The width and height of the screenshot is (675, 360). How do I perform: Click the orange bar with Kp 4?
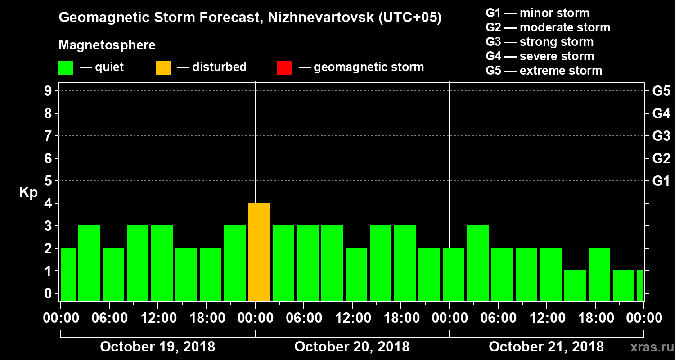[259, 252]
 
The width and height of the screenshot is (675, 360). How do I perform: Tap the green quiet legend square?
[66, 67]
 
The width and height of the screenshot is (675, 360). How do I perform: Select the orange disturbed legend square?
[163, 67]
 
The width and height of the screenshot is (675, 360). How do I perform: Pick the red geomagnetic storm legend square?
[284, 67]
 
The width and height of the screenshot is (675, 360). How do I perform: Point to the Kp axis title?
[28, 192]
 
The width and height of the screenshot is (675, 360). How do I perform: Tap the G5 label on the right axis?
[661, 91]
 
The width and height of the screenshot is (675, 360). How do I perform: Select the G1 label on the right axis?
[661, 181]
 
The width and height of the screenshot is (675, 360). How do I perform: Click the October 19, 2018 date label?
[157, 347]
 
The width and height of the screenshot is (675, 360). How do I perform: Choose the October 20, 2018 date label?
[352, 347]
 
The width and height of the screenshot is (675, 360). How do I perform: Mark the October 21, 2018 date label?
[546, 347]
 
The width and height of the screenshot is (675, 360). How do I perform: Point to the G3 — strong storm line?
[540, 42]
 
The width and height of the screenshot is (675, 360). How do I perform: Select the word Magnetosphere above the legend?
[107, 45]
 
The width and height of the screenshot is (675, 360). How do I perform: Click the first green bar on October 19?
[68, 274]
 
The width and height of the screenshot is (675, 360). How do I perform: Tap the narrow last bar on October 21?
[640, 285]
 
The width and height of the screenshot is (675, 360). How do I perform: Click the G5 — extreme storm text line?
[544, 71]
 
